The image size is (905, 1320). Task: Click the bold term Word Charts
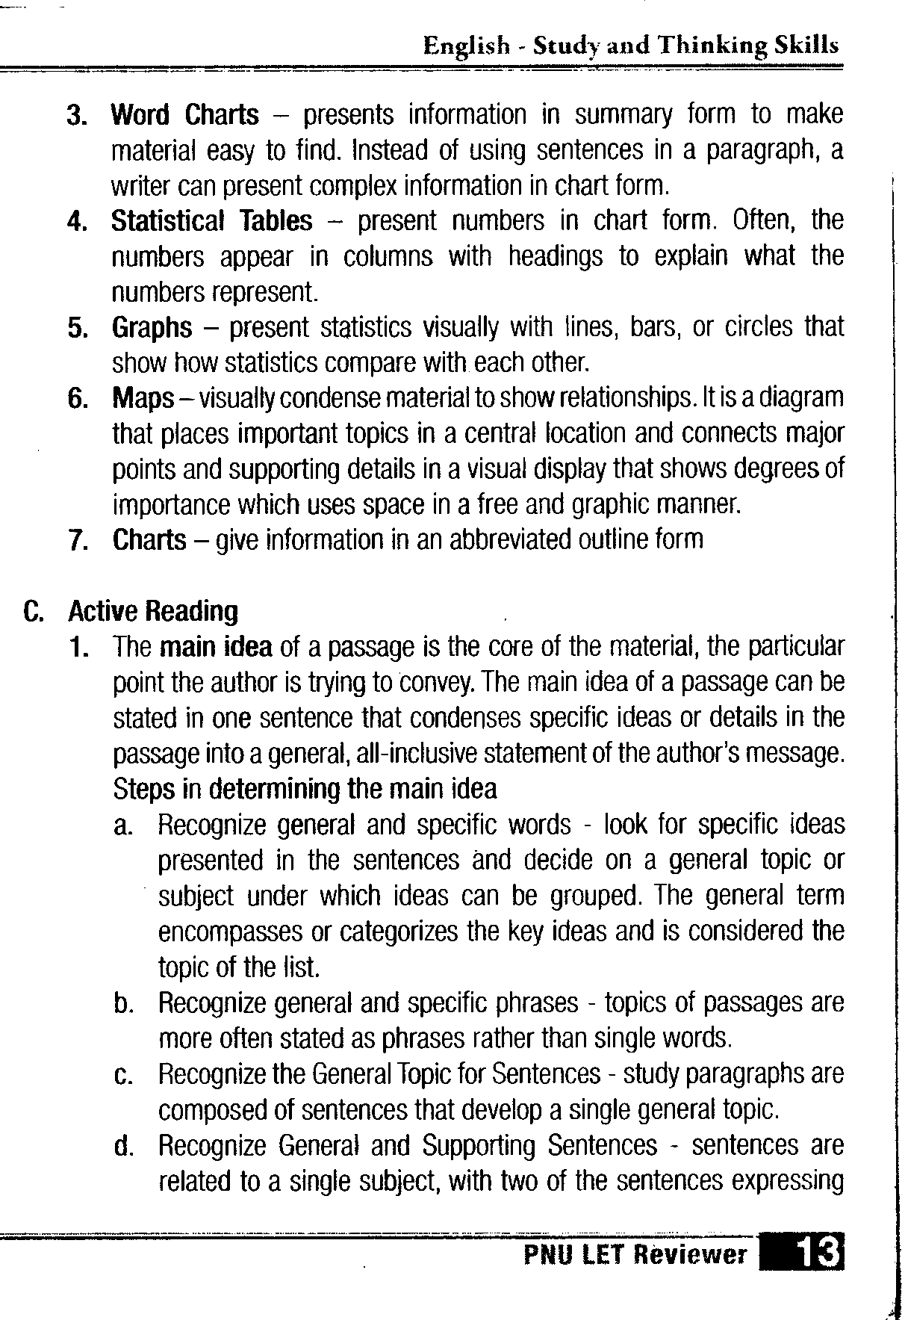click(184, 116)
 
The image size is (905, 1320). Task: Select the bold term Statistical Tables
click(211, 222)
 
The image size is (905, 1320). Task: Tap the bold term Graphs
click(152, 329)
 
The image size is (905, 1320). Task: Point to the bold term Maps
click(143, 398)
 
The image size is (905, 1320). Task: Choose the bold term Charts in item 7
click(149, 539)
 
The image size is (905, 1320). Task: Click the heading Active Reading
click(153, 612)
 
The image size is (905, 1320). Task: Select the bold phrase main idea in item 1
click(216, 647)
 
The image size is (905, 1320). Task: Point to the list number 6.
click(77, 399)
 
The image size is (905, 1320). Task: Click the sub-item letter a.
click(123, 826)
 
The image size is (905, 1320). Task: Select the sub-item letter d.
click(123, 1147)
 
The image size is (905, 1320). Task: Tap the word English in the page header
click(466, 47)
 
